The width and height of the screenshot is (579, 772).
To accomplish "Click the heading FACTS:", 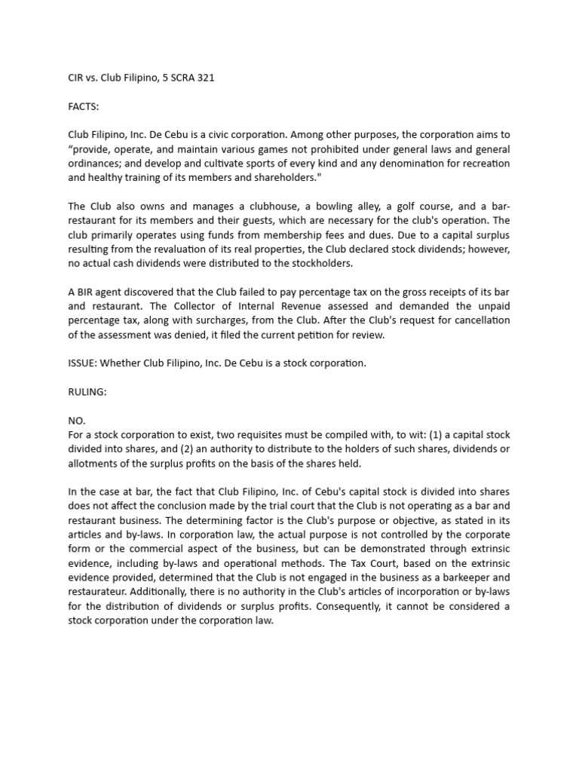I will [84, 106].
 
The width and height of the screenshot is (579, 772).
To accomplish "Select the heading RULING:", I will [87, 391].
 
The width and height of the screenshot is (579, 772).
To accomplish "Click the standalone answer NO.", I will [76, 420].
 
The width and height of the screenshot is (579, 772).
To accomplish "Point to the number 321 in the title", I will [205, 78].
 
